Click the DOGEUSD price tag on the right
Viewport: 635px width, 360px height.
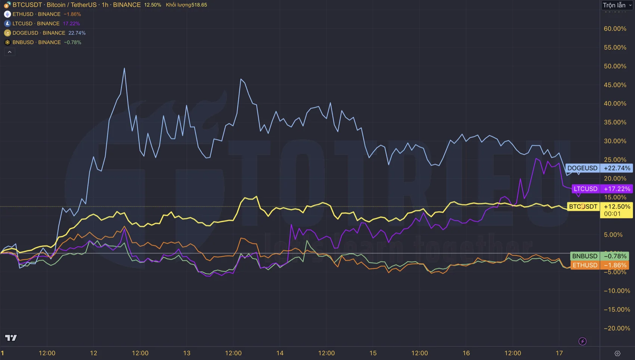pyautogui.click(x=582, y=168)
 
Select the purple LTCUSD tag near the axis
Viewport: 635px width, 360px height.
pyautogui.click(x=585, y=189)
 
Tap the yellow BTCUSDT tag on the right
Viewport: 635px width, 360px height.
pyautogui.click(x=583, y=207)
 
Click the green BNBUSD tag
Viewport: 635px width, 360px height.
pyautogui.click(x=585, y=256)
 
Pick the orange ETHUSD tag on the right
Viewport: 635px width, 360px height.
pyautogui.click(x=585, y=265)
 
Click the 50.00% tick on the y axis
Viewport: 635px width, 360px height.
pyautogui.click(x=615, y=66)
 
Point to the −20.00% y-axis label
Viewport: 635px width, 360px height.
pyautogui.click(x=617, y=328)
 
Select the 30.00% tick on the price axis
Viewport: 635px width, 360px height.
pyautogui.click(x=615, y=141)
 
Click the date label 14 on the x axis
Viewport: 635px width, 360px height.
pyautogui.click(x=280, y=353)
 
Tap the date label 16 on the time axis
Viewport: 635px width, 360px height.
pyautogui.click(x=466, y=353)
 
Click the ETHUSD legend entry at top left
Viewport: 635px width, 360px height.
pyautogui.click(x=36, y=14)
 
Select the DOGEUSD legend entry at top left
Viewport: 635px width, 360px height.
pyautogui.click(x=38, y=33)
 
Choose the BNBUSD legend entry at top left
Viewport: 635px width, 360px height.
pyautogui.click(x=36, y=42)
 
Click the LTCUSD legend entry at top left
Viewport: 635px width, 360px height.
pyautogui.click(x=35, y=24)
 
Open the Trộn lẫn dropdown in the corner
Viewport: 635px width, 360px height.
pyautogui.click(x=617, y=5)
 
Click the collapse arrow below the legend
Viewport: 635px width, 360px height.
pyautogui.click(x=10, y=52)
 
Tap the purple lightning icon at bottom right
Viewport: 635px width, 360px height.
pyautogui.click(x=582, y=341)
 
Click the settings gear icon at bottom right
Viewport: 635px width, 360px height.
pyautogui.click(x=617, y=353)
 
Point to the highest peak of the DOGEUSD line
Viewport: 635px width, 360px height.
pyautogui.click(x=124, y=68)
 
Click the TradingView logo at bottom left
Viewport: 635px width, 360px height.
pyautogui.click(x=11, y=338)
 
